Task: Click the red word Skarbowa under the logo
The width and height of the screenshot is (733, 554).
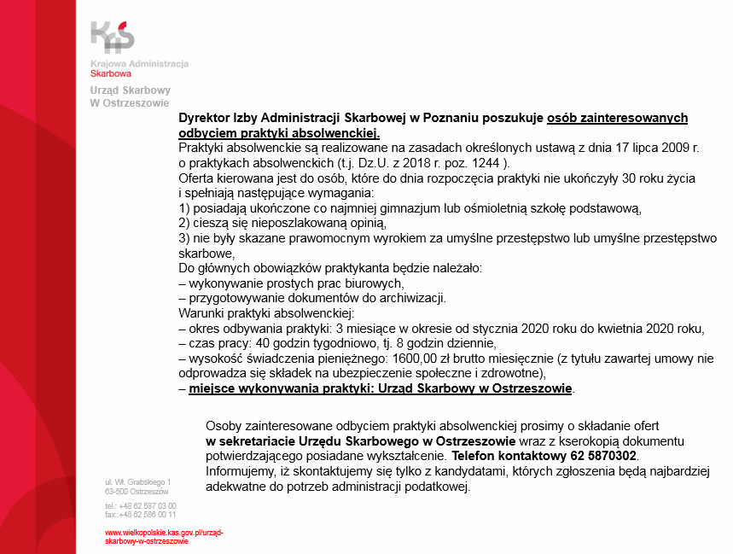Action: (x=110, y=74)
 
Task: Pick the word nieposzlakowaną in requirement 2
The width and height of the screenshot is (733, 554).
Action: (x=299, y=224)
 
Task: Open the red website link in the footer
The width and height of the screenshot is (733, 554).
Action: (x=163, y=536)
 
